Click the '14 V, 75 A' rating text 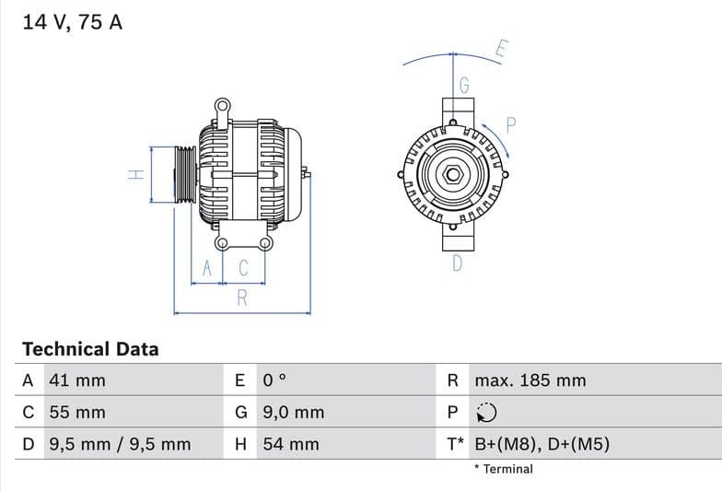[x=72, y=22]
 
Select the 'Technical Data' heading [x=90, y=349]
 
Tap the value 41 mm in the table [x=76, y=380]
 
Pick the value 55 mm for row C [x=76, y=413]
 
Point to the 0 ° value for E [x=275, y=380]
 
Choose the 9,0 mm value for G [x=293, y=413]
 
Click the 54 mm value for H [x=290, y=444]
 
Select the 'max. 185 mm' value [x=530, y=380]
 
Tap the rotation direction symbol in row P [x=487, y=413]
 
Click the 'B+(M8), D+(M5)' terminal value [x=541, y=444]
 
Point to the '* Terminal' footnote [x=503, y=469]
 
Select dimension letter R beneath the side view [x=242, y=298]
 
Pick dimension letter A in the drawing [x=208, y=268]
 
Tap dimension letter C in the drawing [x=244, y=268]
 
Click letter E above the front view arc [x=501, y=49]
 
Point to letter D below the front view [x=457, y=264]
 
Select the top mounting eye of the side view [x=222, y=106]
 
